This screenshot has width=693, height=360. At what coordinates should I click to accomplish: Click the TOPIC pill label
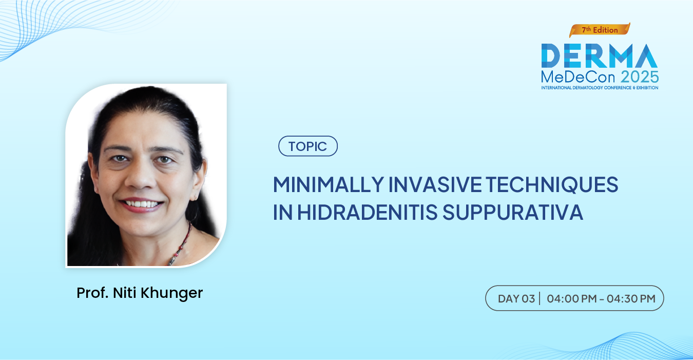[308, 146]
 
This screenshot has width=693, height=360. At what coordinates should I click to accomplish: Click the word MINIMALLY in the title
[329, 184]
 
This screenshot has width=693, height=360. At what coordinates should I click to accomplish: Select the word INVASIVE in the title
[435, 184]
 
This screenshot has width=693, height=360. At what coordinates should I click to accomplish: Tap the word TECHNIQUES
[552, 185]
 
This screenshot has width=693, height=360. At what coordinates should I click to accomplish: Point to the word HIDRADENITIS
[368, 212]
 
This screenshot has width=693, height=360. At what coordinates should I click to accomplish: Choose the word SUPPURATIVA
[513, 212]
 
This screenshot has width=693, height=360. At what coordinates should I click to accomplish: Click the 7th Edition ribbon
[600, 30]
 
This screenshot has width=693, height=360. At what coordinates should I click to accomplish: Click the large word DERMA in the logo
[600, 55]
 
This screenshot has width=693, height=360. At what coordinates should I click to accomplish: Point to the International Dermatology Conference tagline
[600, 88]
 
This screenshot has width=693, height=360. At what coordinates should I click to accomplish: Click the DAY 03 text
[516, 299]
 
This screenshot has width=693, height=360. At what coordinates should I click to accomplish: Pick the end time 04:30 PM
[631, 299]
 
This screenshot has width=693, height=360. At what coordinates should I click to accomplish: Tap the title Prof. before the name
[92, 293]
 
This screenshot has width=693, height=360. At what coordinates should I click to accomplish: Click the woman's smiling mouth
[141, 204]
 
